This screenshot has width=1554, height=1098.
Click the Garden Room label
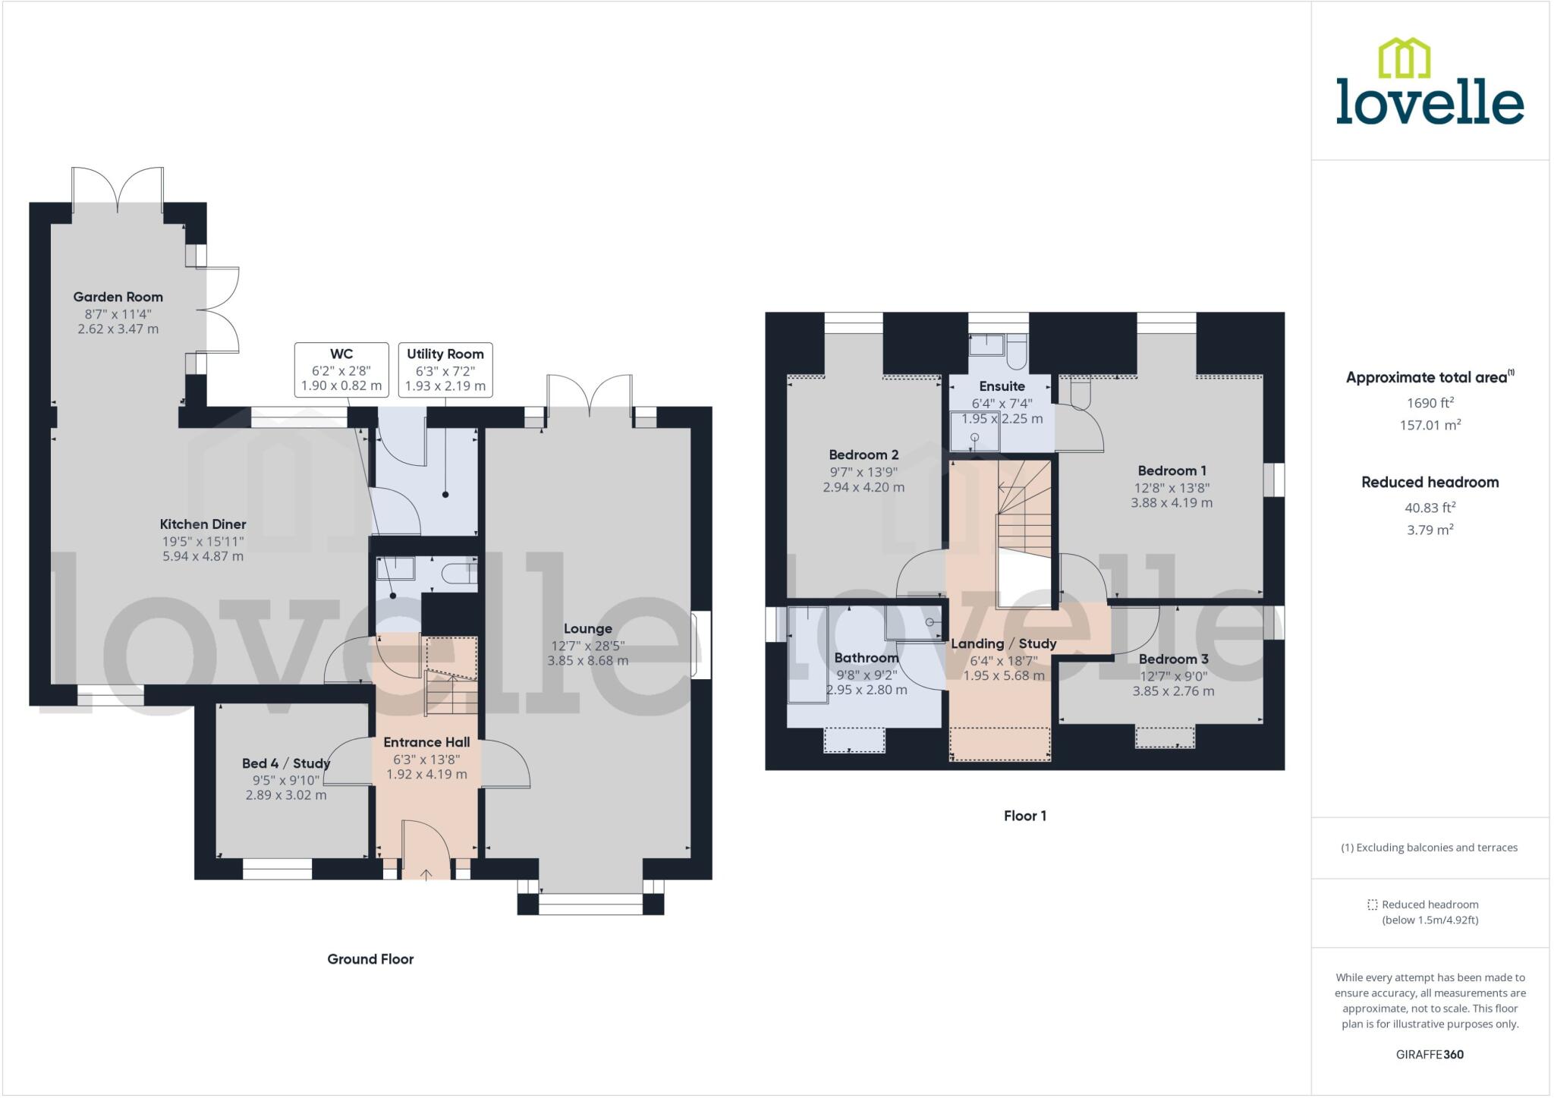click(x=118, y=297)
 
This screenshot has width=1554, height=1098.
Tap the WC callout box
click(x=341, y=370)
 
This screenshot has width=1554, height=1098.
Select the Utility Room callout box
click(x=445, y=370)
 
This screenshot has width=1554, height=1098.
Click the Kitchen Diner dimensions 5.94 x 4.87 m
click(x=203, y=556)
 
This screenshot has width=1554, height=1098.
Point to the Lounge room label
click(x=587, y=628)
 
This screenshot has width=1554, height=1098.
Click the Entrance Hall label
click(x=426, y=742)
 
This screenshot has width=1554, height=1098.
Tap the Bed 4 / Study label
click(x=285, y=763)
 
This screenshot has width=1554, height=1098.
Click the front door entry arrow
click(x=426, y=874)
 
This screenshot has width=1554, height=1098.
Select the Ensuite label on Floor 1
click(x=1002, y=386)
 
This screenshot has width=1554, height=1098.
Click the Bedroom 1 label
click(x=1172, y=470)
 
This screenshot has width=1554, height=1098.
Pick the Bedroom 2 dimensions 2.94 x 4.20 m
click(x=864, y=487)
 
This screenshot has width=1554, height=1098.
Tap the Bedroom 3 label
click(x=1173, y=659)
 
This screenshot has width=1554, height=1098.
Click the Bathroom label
click(x=866, y=658)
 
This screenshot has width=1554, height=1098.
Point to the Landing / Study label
click(x=1003, y=643)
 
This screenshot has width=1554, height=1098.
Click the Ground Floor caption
click(x=370, y=959)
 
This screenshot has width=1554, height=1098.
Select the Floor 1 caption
click(x=1024, y=816)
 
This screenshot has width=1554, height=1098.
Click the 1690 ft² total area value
click(x=1430, y=403)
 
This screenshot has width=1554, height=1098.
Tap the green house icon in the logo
click(x=1404, y=58)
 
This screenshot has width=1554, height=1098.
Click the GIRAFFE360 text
click(x=1430, y=1054)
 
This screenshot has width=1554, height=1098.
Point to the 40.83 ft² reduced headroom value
click(x=1430, y=508)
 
